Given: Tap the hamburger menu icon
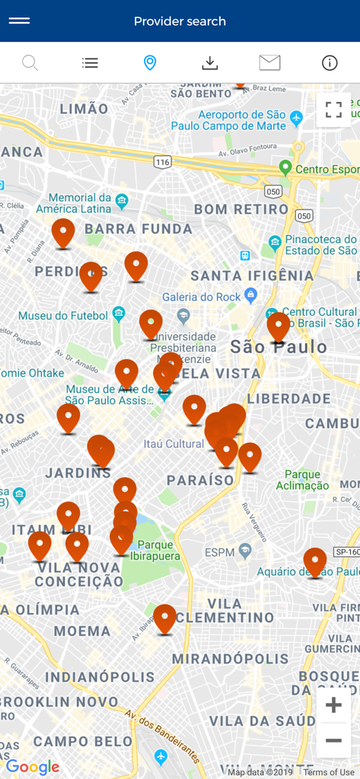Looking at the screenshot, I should point(19,21).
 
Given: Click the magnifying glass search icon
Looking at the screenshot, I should point(30,62).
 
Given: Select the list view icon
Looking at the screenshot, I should point(90,63).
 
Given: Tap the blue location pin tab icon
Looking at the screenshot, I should point(150,63).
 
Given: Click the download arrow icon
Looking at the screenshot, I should point(210,63).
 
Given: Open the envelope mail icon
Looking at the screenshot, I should point(269,63).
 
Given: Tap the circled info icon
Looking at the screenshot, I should point(330,63).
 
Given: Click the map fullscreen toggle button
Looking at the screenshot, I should point(333,110).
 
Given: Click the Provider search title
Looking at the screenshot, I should point(180,21).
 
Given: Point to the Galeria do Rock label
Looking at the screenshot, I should point(202,297).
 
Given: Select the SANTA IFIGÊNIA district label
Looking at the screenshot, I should point(252,275).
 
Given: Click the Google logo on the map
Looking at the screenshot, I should point(33,768).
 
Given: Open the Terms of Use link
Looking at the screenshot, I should point(329,773).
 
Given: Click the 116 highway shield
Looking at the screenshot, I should point(162,162).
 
